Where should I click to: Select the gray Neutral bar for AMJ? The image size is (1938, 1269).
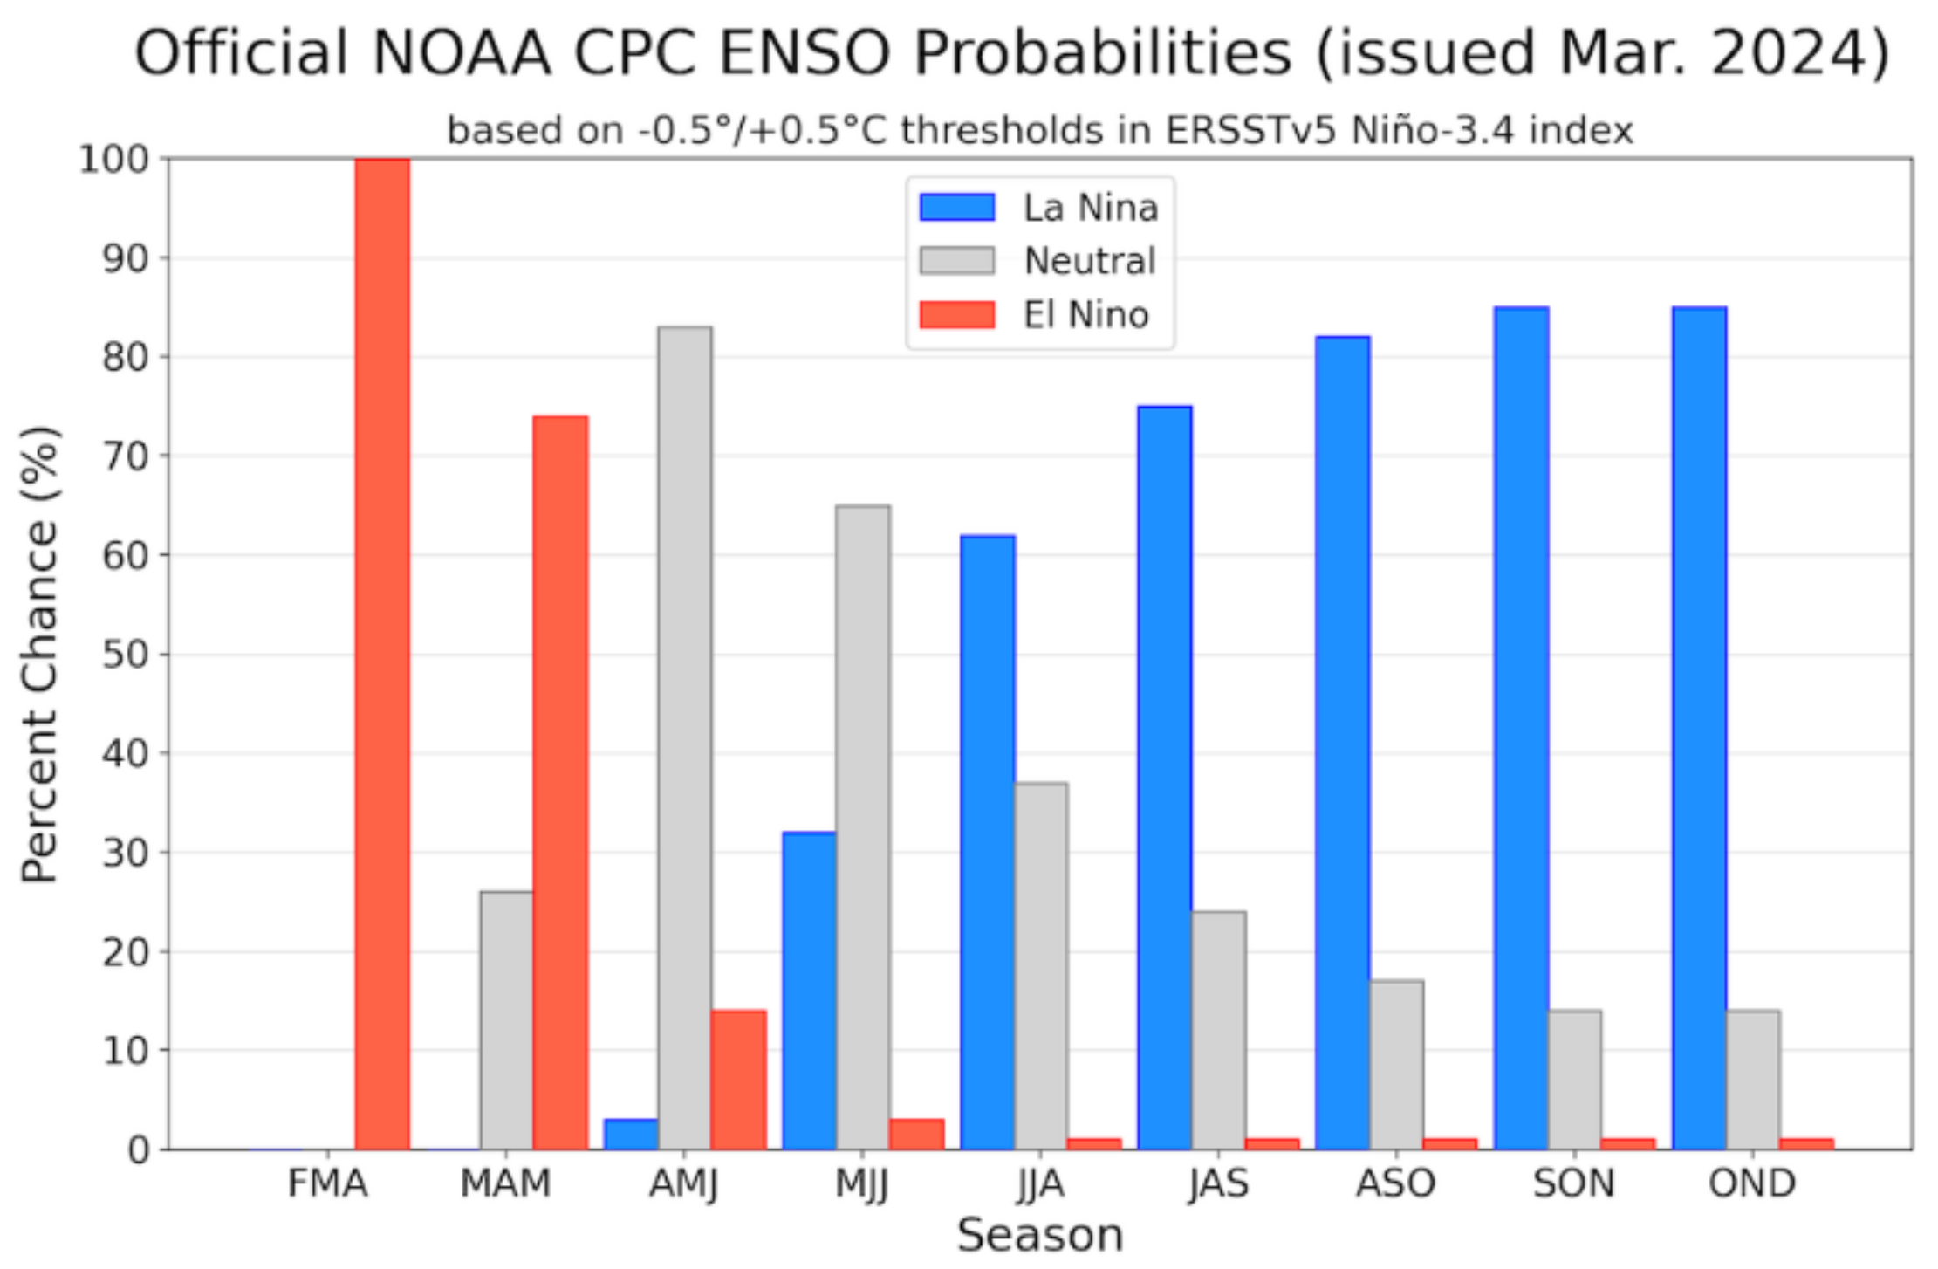point(685,737)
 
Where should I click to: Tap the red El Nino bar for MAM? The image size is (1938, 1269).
point(560,782)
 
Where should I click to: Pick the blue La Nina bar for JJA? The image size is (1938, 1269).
point(988,842)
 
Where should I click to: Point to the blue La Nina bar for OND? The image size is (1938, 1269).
point(1699,728)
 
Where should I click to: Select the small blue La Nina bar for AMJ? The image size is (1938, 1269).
point(631,1134)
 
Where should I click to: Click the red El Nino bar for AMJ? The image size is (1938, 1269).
point(738,1080)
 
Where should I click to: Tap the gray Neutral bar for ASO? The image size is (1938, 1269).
point(1396,1064)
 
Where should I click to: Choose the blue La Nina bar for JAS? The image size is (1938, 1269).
point(1165,778)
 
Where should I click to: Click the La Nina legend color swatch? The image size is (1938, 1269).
point(957,208)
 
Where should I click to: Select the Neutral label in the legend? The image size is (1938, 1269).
point(1090,261)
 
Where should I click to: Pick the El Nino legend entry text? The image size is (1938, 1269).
point(1085,315)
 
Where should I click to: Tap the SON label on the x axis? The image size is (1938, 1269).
point(1573,1183)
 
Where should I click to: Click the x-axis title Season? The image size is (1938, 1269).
point(1040,1235)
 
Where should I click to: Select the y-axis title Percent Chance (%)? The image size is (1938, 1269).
point(39,655)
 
